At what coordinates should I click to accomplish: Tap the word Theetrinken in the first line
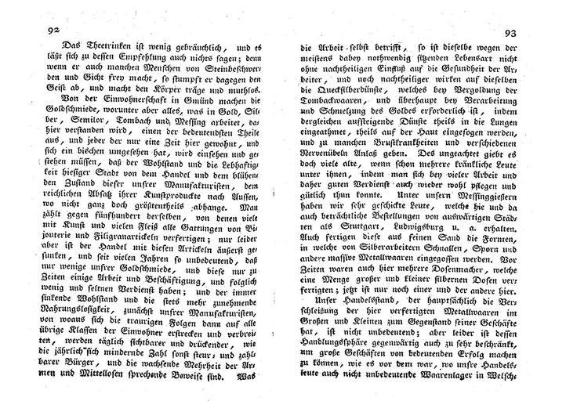point(87,45)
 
